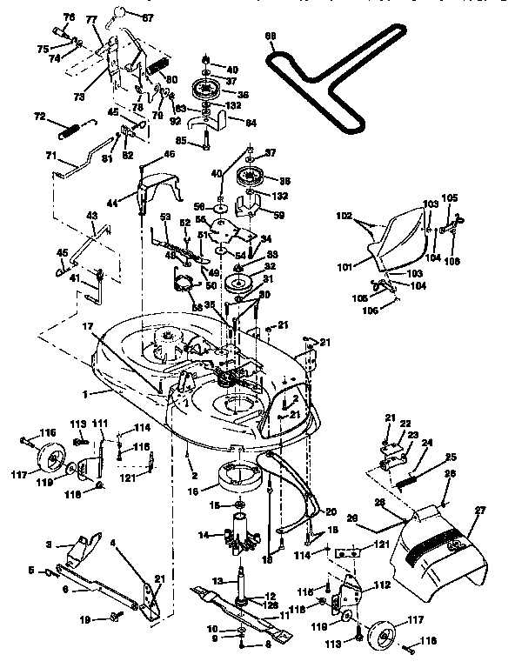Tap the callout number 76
point(70,17)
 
